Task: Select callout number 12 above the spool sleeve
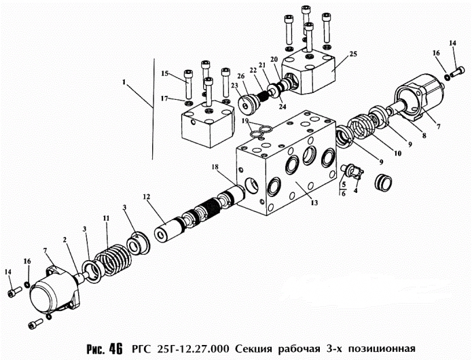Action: click(145, 198)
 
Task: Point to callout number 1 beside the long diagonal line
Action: click(124, 83)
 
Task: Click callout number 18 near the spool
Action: click(215, 166)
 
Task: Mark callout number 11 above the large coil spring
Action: click(105, 217)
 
